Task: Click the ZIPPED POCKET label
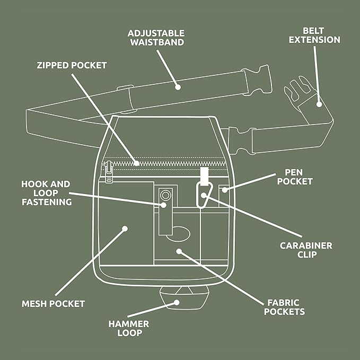point(72,65)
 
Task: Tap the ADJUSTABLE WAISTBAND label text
point(156,38)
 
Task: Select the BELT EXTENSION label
point(314,35)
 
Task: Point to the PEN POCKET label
point(295,177)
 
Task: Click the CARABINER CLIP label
point(306,250)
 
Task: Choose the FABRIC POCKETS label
point(284,307)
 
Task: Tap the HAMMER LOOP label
point(128,328)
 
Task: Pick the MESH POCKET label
point(53,304)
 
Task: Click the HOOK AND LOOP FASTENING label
point(46,193)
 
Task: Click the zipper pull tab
point(109,172)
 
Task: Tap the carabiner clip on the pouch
point(204,195)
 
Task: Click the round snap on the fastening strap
point(165,196)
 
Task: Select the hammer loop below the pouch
point(185,298)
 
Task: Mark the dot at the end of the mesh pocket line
point(125,229)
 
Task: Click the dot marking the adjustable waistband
point(178,87)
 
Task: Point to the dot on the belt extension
point(319,104)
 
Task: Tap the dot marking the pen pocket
point(225,190)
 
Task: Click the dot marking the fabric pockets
point(179,251)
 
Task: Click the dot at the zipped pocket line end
point(136,163)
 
